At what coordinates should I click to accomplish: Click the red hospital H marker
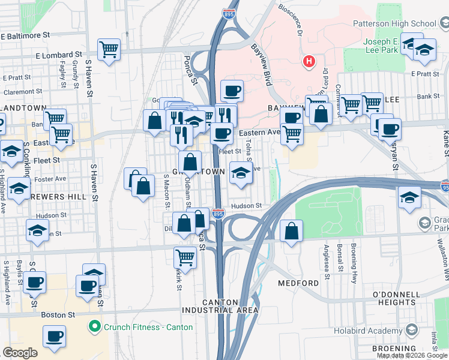click(x=309, y=61)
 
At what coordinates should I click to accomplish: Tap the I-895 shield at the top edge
click(x=229, y=13)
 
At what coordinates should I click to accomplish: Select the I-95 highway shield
click(x=444, y=187)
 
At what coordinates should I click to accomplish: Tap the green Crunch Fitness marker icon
click(x=94, y=327)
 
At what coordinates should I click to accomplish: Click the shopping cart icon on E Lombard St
click(x=109, y=50)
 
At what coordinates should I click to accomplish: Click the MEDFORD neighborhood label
click(x=298, y=283)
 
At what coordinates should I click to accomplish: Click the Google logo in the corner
click(x=20, y=352)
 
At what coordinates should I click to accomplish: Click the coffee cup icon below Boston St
click(x=55, y=337)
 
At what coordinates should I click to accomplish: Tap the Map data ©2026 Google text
click(x=412, y=355)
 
